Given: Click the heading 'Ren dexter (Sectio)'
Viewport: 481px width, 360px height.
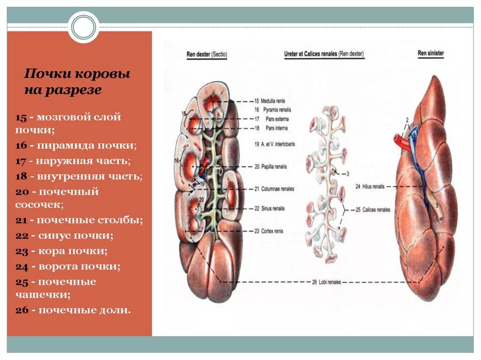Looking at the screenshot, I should point(207,54).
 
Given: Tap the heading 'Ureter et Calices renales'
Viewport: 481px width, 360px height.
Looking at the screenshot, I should point(324,54).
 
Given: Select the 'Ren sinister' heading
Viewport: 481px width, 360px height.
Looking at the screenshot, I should point(431,53).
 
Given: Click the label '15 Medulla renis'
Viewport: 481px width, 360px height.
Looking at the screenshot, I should point(270,101).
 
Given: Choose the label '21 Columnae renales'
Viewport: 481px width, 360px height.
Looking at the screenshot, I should point(274,189).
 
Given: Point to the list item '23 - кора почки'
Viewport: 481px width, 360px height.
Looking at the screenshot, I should point(62,251).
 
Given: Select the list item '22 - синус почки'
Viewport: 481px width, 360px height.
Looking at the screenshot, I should point(64,236).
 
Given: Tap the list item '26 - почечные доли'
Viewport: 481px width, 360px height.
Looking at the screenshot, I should point(73,310).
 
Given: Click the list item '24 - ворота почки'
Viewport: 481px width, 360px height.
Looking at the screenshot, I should point(68,267).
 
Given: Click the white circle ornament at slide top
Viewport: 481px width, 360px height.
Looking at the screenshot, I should point(84,27).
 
